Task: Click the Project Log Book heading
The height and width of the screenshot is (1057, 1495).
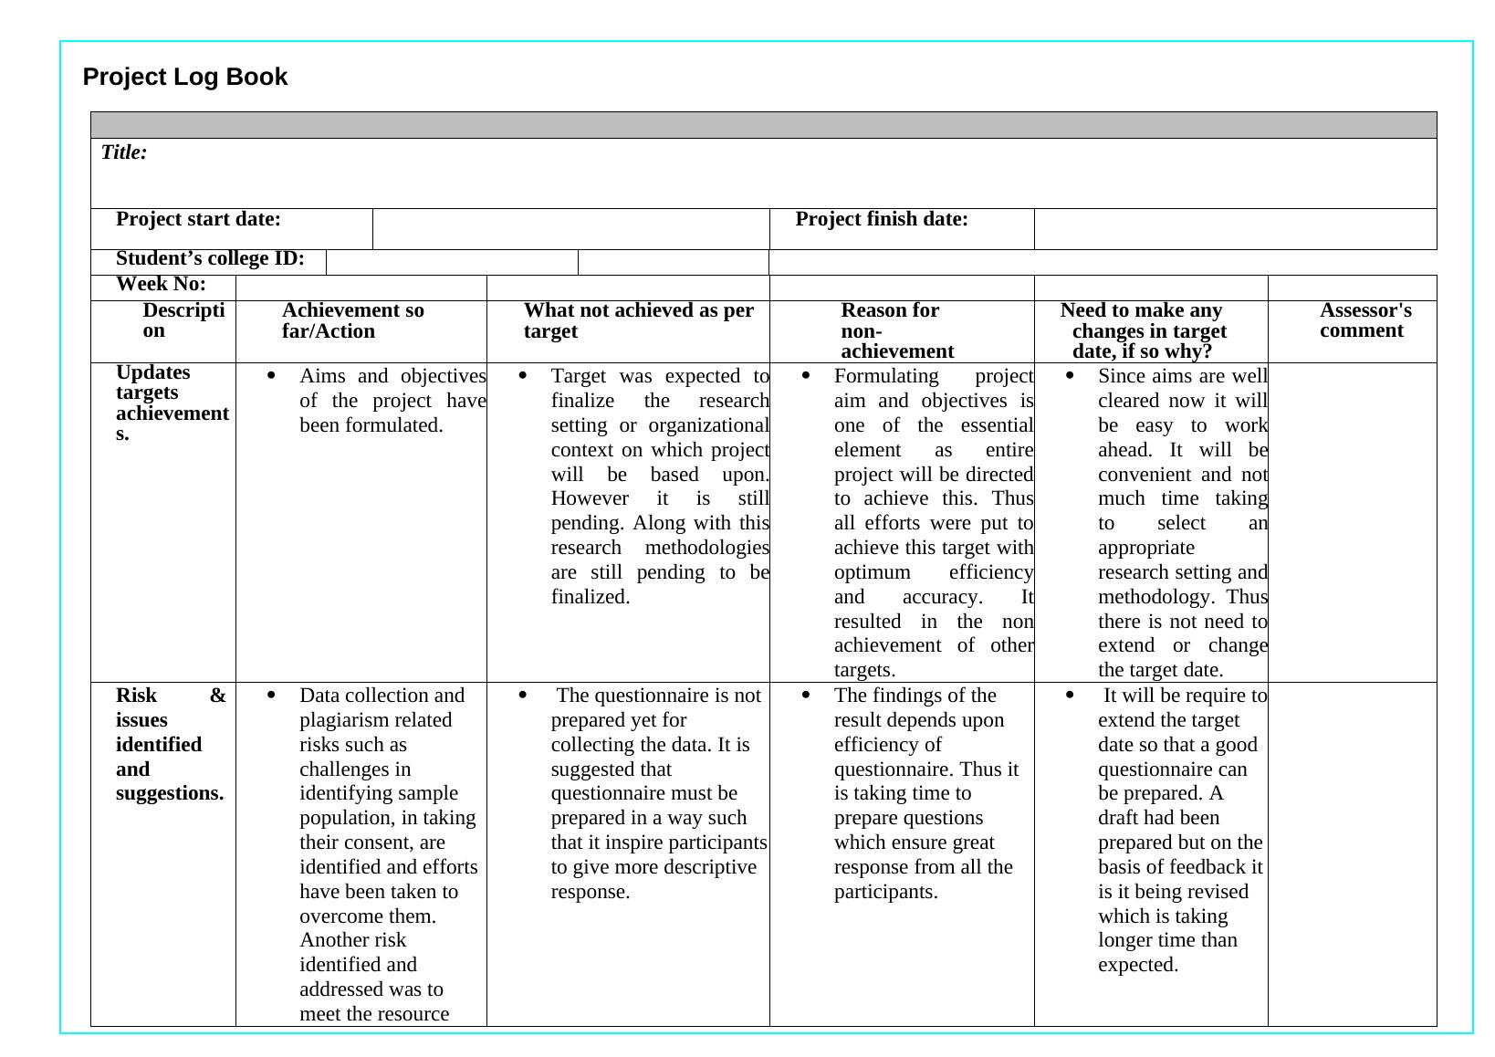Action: tap(184, 77)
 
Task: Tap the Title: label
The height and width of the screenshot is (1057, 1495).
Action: tap(124, 152)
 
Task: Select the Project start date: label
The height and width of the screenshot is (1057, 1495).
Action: tap(198, 219)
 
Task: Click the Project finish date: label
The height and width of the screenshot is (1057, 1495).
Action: tap(882, 219)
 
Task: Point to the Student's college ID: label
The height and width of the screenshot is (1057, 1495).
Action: tap(210, 258)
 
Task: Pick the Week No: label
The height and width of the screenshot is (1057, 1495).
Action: tap(161, 284)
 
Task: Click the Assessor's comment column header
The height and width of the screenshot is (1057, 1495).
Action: tap(1364, 320)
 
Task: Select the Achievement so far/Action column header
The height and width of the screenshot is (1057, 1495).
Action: tap(352, 320)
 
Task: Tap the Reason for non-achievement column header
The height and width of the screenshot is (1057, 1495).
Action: tap(896, 330)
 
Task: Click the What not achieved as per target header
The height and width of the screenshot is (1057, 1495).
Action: tap(638, 320)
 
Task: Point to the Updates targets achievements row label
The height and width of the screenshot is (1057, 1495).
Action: tap(172, 403)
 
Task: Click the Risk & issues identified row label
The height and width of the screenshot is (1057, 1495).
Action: tap(170, 744)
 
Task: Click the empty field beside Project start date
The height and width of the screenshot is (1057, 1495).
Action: tap(570, 228)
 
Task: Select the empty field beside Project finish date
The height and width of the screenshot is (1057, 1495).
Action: tap(1234, 228)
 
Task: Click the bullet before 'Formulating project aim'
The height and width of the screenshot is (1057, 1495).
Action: tap(806, 375)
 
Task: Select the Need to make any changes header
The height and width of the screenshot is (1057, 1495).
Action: tap(1147, 330)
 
